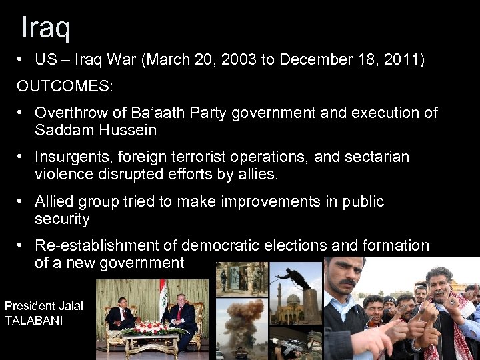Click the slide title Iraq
pos(45,27)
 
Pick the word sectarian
pos(377,157)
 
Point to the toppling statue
pos(297,276)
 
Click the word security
pos(62,219)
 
